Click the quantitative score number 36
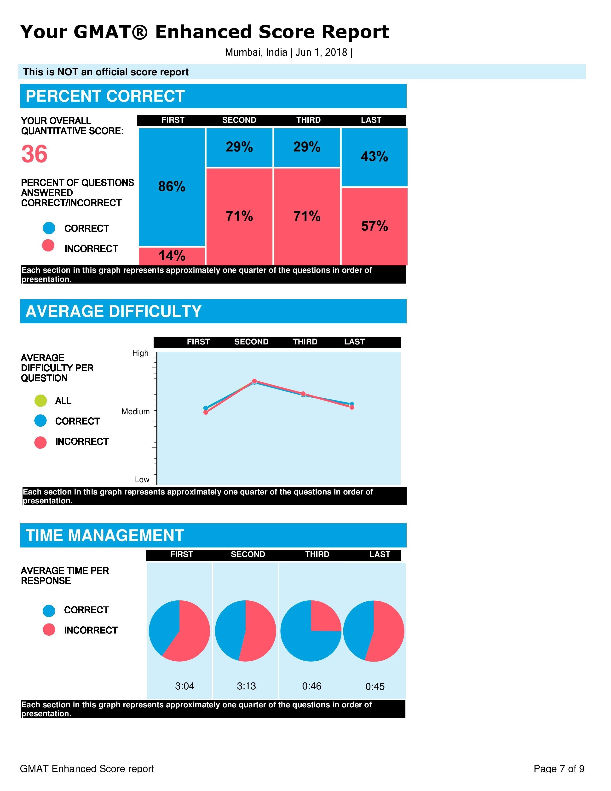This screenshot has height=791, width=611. point(35,154)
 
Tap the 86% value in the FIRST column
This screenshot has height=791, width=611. point(172,186)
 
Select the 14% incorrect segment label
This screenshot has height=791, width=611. point(172,256)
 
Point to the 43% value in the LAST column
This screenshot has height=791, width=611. point(374,157)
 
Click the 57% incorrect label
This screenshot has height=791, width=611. point(374,226)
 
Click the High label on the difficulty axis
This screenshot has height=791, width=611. point(140,353)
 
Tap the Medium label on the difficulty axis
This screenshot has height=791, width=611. point(135,411)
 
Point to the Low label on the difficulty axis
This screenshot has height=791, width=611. point(142,480)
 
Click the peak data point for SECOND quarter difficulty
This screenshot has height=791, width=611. point(254,381)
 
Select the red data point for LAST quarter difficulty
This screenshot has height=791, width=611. point(352,407)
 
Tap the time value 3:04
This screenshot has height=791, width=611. point(184,686)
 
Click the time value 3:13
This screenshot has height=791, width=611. point(246,686)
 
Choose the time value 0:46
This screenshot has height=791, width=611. point(312,686)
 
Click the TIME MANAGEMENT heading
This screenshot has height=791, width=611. point(105,535)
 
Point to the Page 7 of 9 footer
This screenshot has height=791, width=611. point(559,768)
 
